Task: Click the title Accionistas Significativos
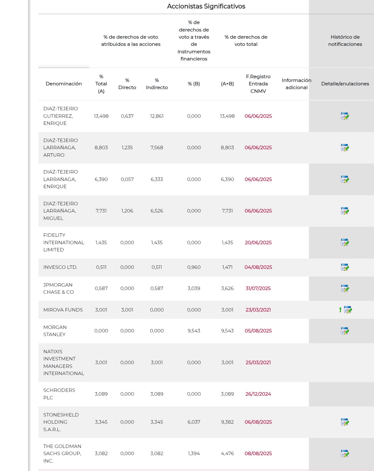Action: point(206,6)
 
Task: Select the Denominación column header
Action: point(64,84)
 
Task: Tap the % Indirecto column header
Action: point(157,84)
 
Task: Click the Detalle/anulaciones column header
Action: point(345,84)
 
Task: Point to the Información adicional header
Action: point(296,84)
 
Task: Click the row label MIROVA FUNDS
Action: point(63,310)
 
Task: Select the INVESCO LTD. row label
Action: point(60,267)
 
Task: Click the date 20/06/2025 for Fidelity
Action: point(258,242)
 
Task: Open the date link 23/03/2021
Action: point(258,310)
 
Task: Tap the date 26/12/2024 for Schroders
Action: point(258,394)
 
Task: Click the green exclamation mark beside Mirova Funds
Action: point(340,310)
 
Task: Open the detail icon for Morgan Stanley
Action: point(345,331)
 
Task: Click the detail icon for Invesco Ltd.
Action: point(345,267)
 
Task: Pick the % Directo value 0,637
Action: point(127,116)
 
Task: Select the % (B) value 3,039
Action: point(194,288)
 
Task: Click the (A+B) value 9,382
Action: point(227,422)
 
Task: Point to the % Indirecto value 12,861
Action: point(157,116)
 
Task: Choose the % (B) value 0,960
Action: point(194,267)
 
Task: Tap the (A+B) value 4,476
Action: point(227,454)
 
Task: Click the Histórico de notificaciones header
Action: point(345,41)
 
